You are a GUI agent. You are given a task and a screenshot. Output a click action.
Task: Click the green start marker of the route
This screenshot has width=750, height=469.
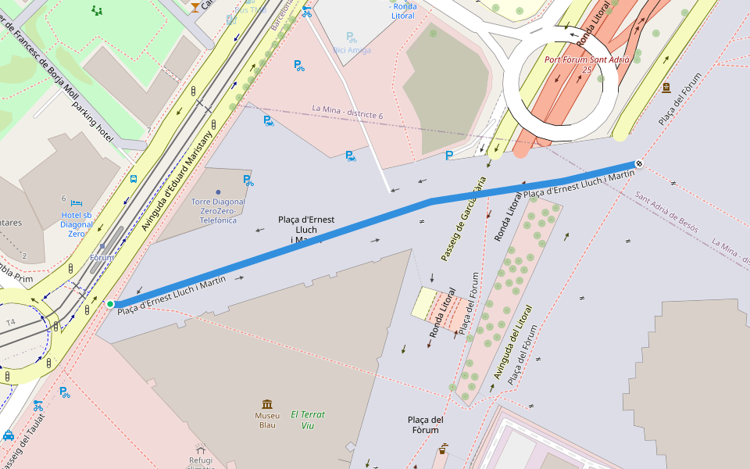pyautogui.click(x=110, y=304)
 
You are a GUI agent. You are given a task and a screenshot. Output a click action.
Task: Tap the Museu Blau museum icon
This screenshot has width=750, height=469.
pyautogui.click(x=267, y=404)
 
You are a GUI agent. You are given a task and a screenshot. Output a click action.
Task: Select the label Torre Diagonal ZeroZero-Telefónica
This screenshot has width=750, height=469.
pyautogui.click(x=218, y=211)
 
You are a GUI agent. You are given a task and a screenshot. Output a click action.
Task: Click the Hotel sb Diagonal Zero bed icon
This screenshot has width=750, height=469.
pyautogui.click(x=77, y=202)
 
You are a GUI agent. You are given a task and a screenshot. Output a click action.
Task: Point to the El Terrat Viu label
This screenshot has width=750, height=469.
pyautogui.click(x=307, y=420)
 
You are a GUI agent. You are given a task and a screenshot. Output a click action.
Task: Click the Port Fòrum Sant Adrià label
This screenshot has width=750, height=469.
pyautogui.click(x=586, y=64)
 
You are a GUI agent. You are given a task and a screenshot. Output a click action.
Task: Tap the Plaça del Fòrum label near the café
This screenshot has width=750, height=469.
pyautogui.click(x=426, y=424)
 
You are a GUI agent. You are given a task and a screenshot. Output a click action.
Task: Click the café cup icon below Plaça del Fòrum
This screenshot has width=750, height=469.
pyautogui.click(x=443, y=449)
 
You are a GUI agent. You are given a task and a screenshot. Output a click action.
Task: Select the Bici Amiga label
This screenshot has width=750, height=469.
pyautogui.click(x=352, y=50)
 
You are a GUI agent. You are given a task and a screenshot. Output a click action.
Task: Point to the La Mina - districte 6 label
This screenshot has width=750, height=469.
pyautogui.click(x=348, y=112)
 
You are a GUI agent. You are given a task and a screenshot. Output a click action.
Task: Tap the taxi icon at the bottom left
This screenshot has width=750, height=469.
pyautogui.click(x=8, y=435)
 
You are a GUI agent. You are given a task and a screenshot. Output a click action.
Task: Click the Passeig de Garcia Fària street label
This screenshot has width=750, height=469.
pyautogui.click(x=463, y=220)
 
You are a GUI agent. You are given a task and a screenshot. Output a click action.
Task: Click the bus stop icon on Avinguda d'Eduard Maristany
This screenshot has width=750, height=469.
pyautogui.click(x=134, y=179)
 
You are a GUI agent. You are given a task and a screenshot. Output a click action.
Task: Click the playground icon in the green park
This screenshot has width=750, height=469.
pyautogui.click(x=97, y=10)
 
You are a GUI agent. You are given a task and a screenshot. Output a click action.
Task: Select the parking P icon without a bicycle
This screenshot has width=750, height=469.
pyautogui.click(x=448, y=156)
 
